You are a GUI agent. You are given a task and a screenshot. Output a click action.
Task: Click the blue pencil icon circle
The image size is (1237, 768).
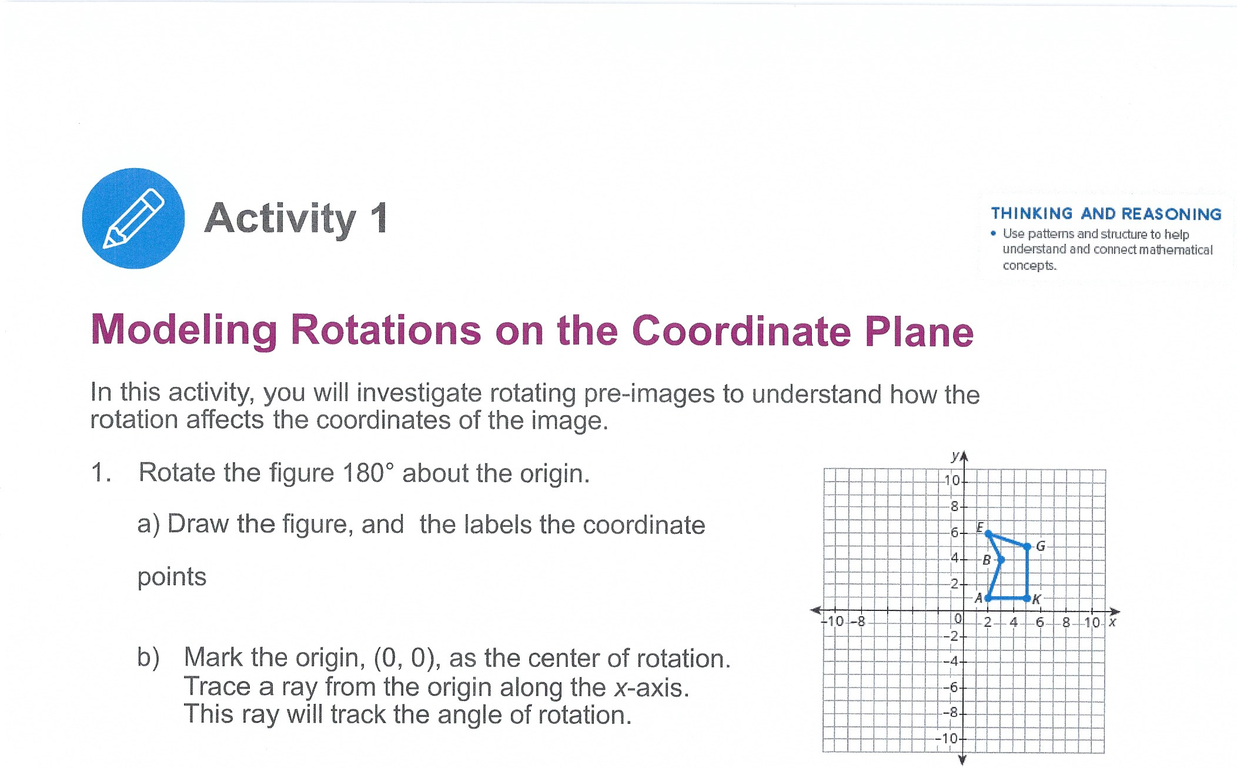point(133,219)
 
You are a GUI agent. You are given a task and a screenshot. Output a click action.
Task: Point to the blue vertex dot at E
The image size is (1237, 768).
point(988,533)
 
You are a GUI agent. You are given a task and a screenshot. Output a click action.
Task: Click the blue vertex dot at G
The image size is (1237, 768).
point(1027,546)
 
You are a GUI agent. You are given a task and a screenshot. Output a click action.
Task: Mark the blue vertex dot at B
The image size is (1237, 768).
point(1001,559)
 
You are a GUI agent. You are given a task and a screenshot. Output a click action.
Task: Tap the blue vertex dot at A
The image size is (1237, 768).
point(988,598)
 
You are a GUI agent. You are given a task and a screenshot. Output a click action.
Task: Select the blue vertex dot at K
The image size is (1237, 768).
point(1027,598)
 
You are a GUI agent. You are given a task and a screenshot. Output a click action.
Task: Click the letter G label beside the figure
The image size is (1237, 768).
point(1041,546)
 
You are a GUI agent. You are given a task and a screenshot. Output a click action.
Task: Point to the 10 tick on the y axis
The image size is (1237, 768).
point(952,480)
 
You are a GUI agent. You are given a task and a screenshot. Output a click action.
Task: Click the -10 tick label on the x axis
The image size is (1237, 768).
point(833,621)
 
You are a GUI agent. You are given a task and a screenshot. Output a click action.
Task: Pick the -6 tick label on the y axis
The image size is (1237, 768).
point(951,687)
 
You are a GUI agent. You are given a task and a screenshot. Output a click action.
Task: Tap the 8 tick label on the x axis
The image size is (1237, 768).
point(1066,622)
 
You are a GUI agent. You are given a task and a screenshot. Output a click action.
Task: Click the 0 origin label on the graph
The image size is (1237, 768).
point(958,619)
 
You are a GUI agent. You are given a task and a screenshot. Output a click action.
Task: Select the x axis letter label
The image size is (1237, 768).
point(1112,622)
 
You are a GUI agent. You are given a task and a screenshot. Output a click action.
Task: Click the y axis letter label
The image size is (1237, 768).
point(955,456)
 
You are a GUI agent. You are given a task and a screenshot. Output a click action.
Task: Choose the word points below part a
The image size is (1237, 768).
point(172,577)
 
